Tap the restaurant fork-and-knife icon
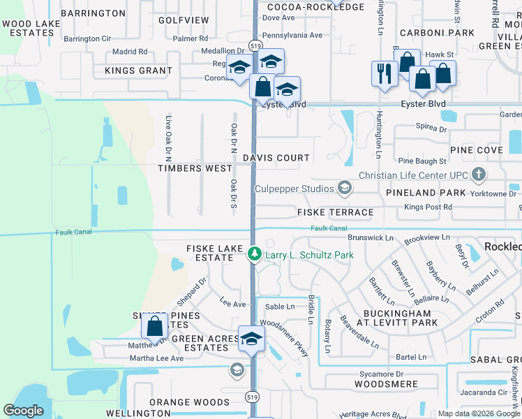384,73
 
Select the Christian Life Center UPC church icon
479,174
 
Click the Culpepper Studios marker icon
343,187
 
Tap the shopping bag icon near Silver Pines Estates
154,326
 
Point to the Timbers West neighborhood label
195,168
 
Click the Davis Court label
276,158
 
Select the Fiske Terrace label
335,212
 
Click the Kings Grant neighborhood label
138,71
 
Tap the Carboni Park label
438,33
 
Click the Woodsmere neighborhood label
386,384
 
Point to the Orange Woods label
189,402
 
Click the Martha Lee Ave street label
156,358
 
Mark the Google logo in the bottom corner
23,411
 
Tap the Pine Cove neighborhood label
477,150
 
